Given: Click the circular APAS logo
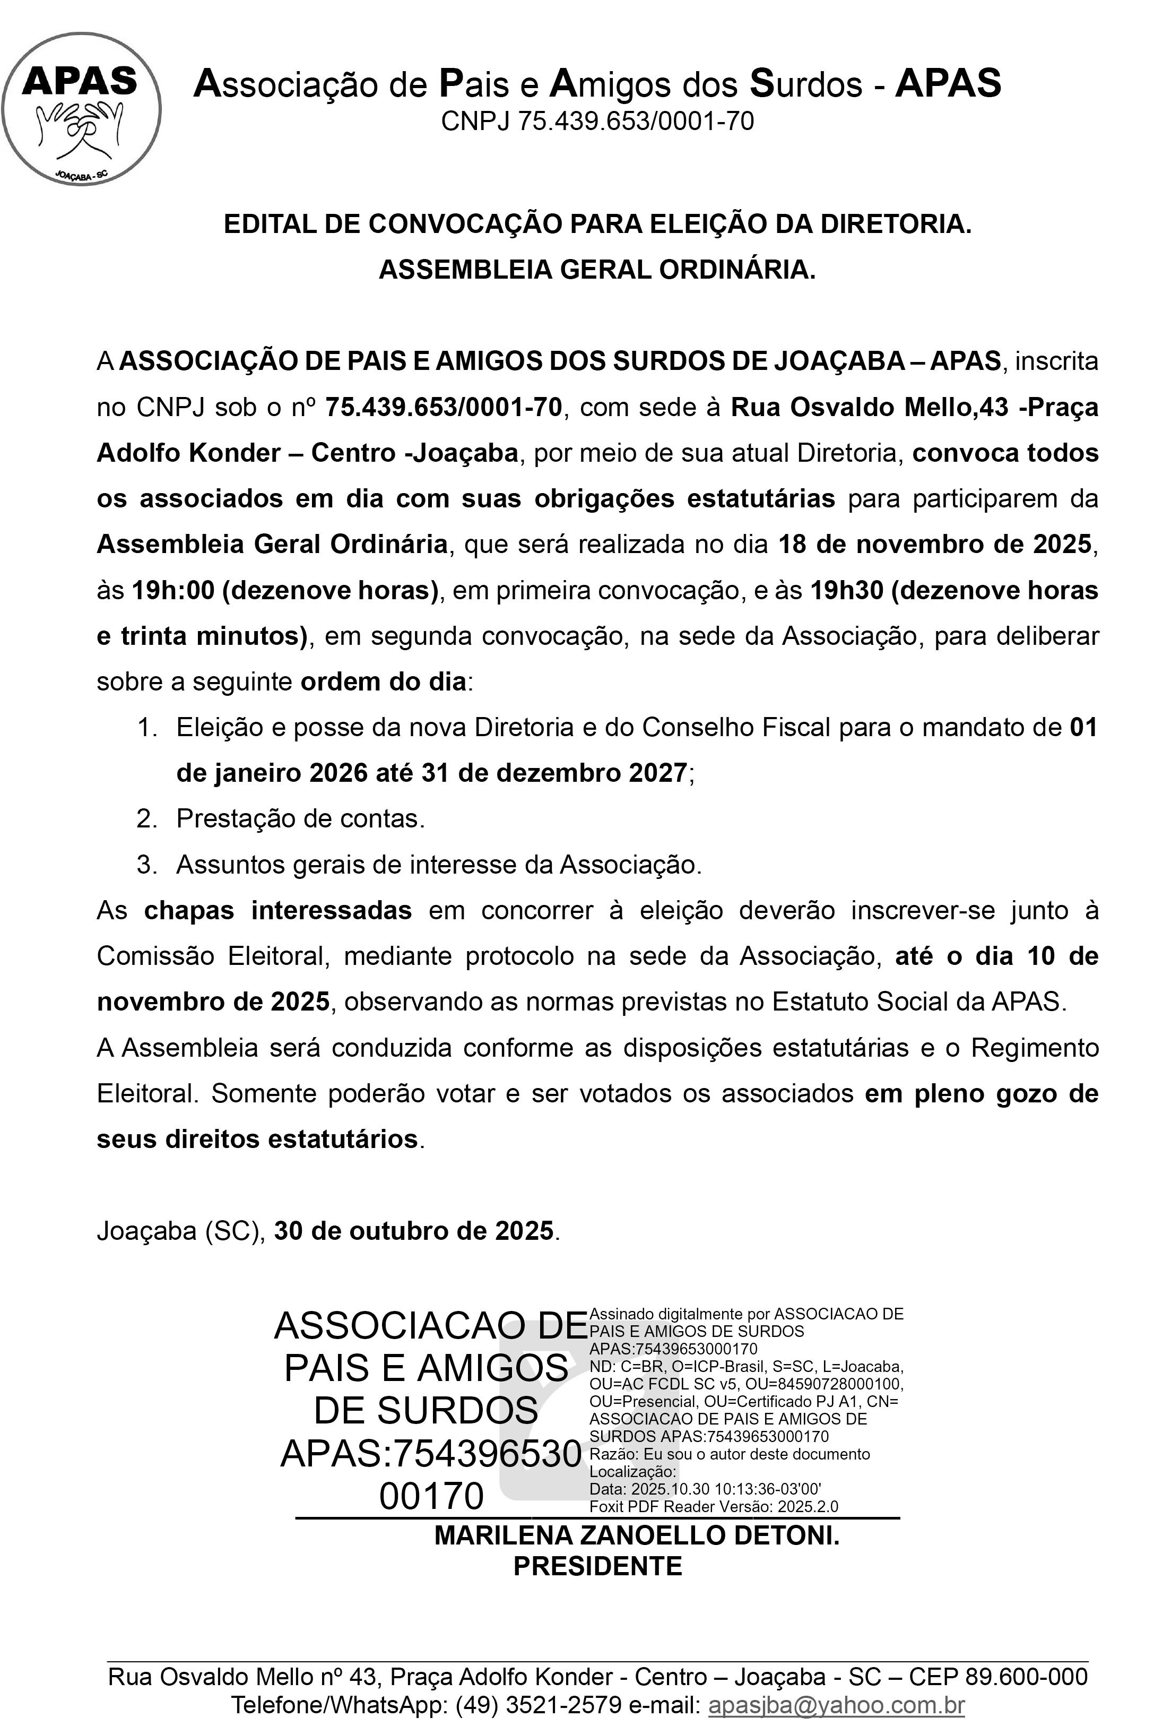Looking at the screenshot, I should (x=81, y=109).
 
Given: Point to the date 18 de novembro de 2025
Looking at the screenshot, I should (x=934, y=544).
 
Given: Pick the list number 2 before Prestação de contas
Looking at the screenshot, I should (x=146, y=818).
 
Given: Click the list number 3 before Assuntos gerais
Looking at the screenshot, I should (x=146, y=865).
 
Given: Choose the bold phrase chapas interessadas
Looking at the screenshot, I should (x=277, y=910).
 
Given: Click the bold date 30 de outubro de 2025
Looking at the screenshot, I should (x=414, y=1230).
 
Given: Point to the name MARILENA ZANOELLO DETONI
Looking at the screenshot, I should (x=636, y=1534).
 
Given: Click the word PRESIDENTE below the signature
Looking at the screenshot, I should (x=598, y=1566).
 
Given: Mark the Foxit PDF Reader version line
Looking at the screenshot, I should (x=714, y=1506).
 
